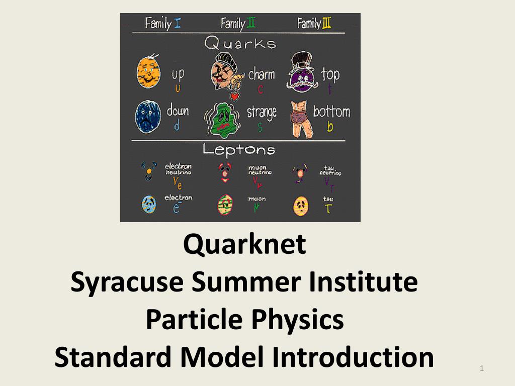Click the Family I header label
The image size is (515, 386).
click(x=163, y=23)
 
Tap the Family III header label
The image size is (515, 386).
click(x=314, y=23)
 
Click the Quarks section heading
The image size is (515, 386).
click(x=240, y=43)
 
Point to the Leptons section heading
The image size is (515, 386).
click(x=239, y=150)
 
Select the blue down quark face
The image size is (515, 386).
click(x=148, y=117)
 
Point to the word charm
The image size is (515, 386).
click(x=262, y=75)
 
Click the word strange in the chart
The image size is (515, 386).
click(x=262, y=112)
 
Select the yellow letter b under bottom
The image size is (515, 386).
click(x=330, y=127)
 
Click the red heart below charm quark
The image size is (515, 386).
click(x=234, y=95)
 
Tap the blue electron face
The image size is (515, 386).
click(x=149, y=204)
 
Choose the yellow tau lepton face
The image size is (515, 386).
click(x=300, y=206)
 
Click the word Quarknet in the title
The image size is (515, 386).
click(x=244, y=244)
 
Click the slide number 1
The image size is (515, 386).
click(x=482, y=370)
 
